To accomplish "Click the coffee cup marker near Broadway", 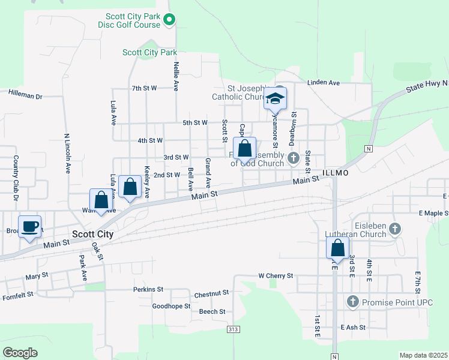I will [29, 227].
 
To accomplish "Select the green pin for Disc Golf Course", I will [169, 20].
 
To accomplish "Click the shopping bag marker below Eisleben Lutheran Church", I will [337, 248].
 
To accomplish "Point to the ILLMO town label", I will [335, 172].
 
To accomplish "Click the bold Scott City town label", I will [92, 235].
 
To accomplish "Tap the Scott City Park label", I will [149, 53].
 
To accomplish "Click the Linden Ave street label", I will [324, 82].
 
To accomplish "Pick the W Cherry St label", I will [275, 276].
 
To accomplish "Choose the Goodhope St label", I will [171, 306].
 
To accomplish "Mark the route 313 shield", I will [234, 329].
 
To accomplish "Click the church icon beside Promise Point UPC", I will [353, 301].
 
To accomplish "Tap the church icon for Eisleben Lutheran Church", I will [394, 228].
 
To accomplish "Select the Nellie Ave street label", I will [176, 76].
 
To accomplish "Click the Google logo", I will [20, 353].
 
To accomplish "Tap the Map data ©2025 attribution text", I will [423, 355].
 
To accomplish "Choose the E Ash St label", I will [352, 328].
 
